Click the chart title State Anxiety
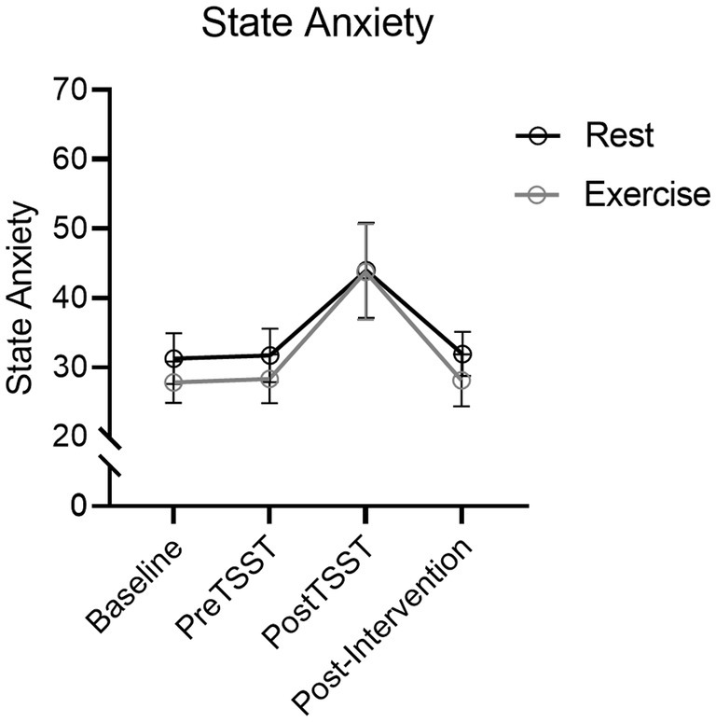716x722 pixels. coord(318,24)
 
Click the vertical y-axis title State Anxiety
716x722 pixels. coord(22,299)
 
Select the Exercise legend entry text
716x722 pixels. coord(647,194)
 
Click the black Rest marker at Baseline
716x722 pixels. coord(172,359)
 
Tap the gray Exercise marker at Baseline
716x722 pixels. coord(172,382)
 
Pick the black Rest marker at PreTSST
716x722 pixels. coord(269,355)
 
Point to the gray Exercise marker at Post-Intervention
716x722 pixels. coord(461,381)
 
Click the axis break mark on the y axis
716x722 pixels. coord(111,452)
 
